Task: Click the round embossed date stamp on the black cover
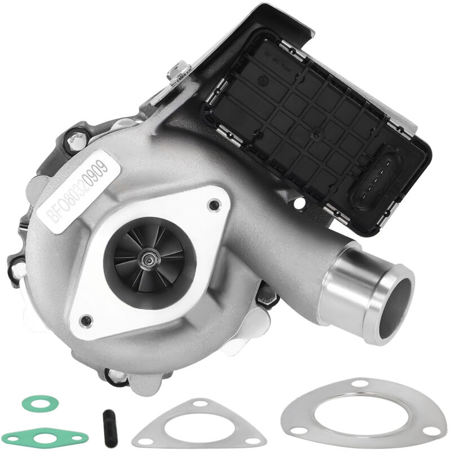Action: [263, 81]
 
